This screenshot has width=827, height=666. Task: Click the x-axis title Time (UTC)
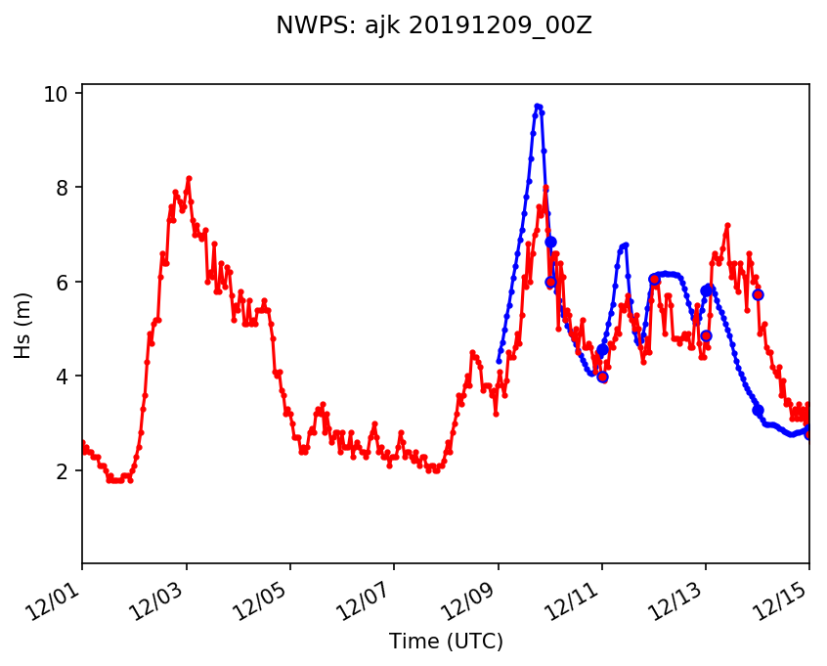446,642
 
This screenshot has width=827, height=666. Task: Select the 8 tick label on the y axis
63,188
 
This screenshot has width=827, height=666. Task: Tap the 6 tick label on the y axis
63,283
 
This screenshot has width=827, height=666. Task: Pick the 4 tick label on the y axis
63,377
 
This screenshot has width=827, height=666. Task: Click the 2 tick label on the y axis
63,471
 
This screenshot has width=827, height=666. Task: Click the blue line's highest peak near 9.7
538,106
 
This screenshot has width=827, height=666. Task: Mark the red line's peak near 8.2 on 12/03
189,178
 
